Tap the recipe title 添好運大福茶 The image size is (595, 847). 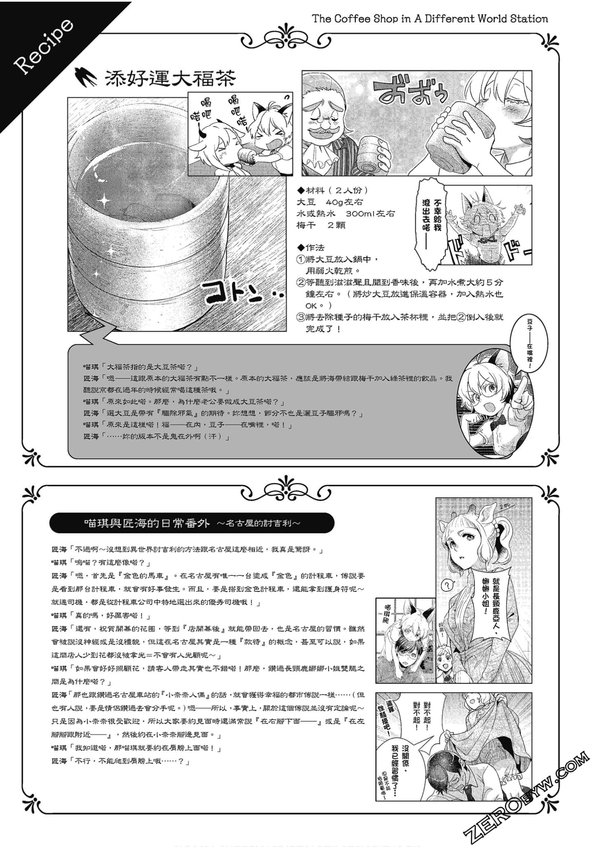[x=170, y=78]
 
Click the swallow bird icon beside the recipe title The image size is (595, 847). [x=84, y=77]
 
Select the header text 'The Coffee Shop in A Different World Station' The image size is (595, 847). [x=430, y=19]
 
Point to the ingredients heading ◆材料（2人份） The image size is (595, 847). [x=333, y=191]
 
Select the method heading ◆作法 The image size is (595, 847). [x=311, y=248]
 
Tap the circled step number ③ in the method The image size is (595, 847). [x=301, y=318]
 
